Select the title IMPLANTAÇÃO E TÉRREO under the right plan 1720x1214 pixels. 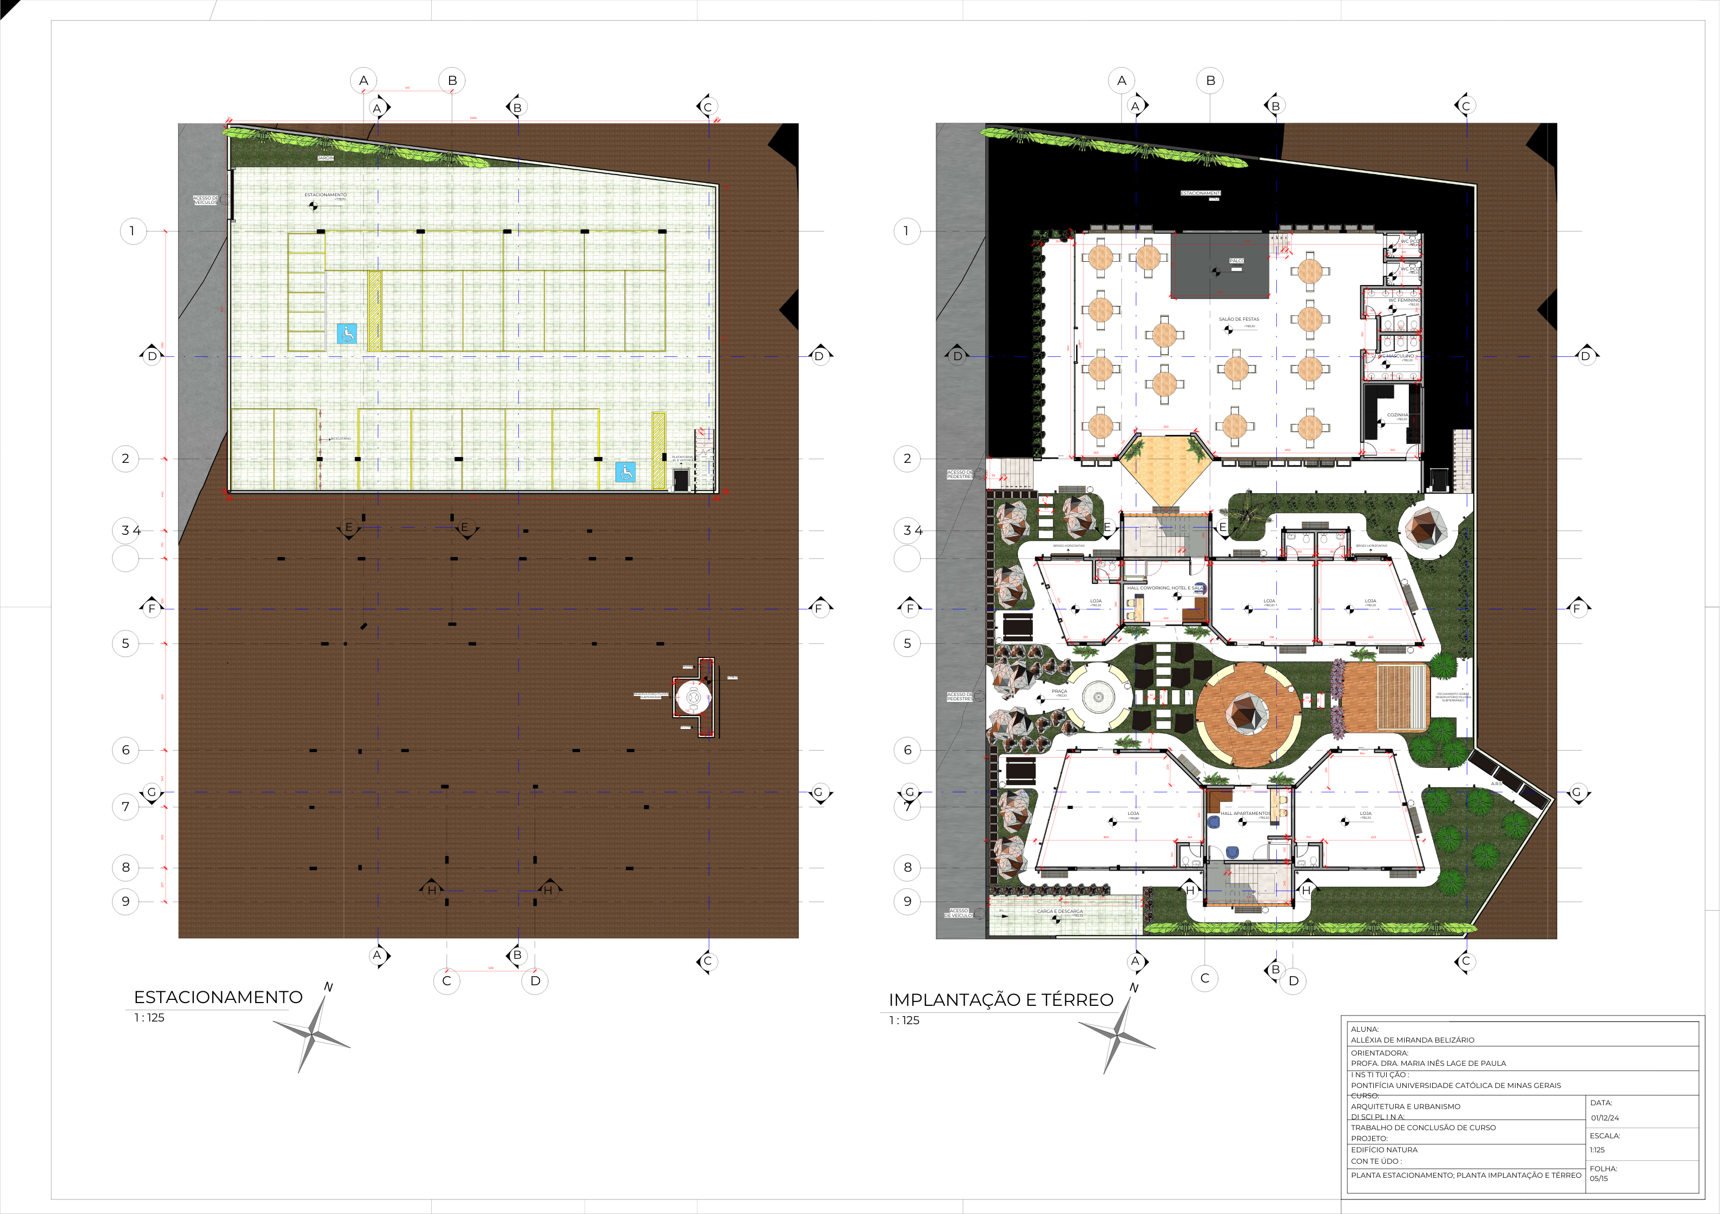1001,1000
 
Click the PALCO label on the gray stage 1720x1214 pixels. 1236,261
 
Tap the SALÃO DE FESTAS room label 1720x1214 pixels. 1238,319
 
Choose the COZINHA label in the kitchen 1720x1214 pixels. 1396,414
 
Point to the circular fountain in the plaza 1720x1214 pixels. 1098,697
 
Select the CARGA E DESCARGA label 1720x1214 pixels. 1059,911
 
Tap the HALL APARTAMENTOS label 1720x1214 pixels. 1245,813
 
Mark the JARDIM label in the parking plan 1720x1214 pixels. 325,158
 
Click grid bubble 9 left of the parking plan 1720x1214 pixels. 126,901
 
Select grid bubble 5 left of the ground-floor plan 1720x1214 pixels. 907,644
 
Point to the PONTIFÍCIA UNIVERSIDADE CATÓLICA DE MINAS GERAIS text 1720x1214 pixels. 1455,1085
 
